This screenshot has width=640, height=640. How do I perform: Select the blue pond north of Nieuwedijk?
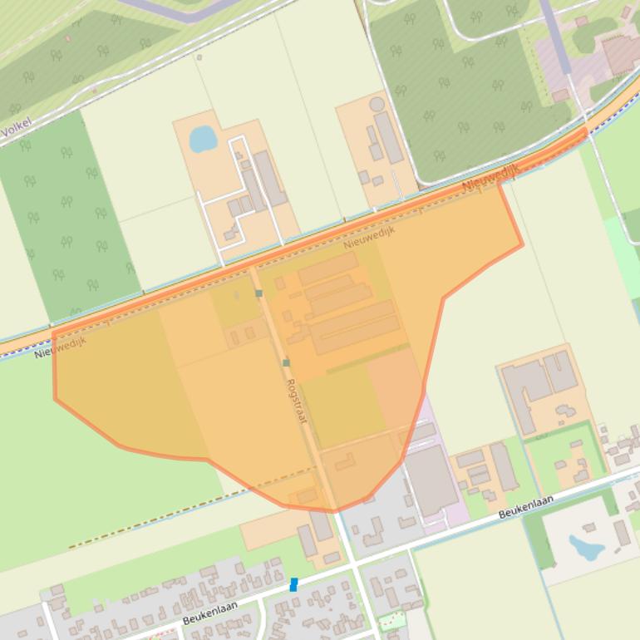203,139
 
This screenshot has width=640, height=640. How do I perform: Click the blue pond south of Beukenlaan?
586,547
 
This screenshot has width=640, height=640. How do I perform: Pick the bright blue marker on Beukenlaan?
293,585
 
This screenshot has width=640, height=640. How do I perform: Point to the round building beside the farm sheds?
377,104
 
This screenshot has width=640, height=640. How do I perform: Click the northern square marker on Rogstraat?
258,293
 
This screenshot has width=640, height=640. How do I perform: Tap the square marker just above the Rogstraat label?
286,362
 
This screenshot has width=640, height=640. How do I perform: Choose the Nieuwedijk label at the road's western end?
60,347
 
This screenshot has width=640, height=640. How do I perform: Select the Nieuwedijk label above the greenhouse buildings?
369,235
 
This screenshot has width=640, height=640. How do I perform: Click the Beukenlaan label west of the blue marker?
209,613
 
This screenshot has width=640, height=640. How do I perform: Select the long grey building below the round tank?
388,137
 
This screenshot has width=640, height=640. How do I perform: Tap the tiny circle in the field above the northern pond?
199,57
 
